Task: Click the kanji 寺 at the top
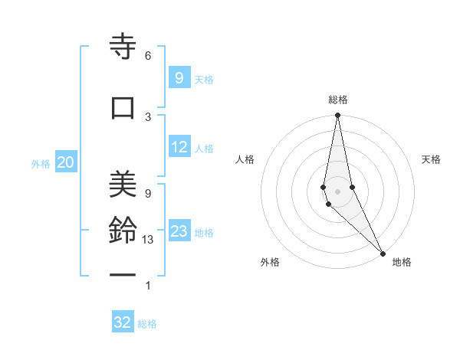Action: click(x=123, y=47)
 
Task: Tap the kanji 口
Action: click(x=123, y=107)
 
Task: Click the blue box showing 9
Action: click(x=179, y=78)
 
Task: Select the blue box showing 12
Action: click(x=179, y=147)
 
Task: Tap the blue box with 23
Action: click(x=179, y=231)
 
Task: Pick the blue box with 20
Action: click(x=65, y=162)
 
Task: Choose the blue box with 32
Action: click(x=123, y=322)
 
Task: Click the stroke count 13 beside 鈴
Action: click(x=148, y=240)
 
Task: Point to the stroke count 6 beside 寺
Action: click(x=148, y=56)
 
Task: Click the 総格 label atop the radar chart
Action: click(x=338, y=100)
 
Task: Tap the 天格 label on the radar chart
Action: click(x=432, y=159)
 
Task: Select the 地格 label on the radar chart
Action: click(x=402, y=262)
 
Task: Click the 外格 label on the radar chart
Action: click(x=270, y=262)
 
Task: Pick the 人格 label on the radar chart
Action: click(x=245, y=159)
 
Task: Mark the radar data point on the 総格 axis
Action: click(x=337, y=116)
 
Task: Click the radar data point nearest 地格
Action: click(x=383, y=252)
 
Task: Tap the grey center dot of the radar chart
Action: click(x=337, y=191)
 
